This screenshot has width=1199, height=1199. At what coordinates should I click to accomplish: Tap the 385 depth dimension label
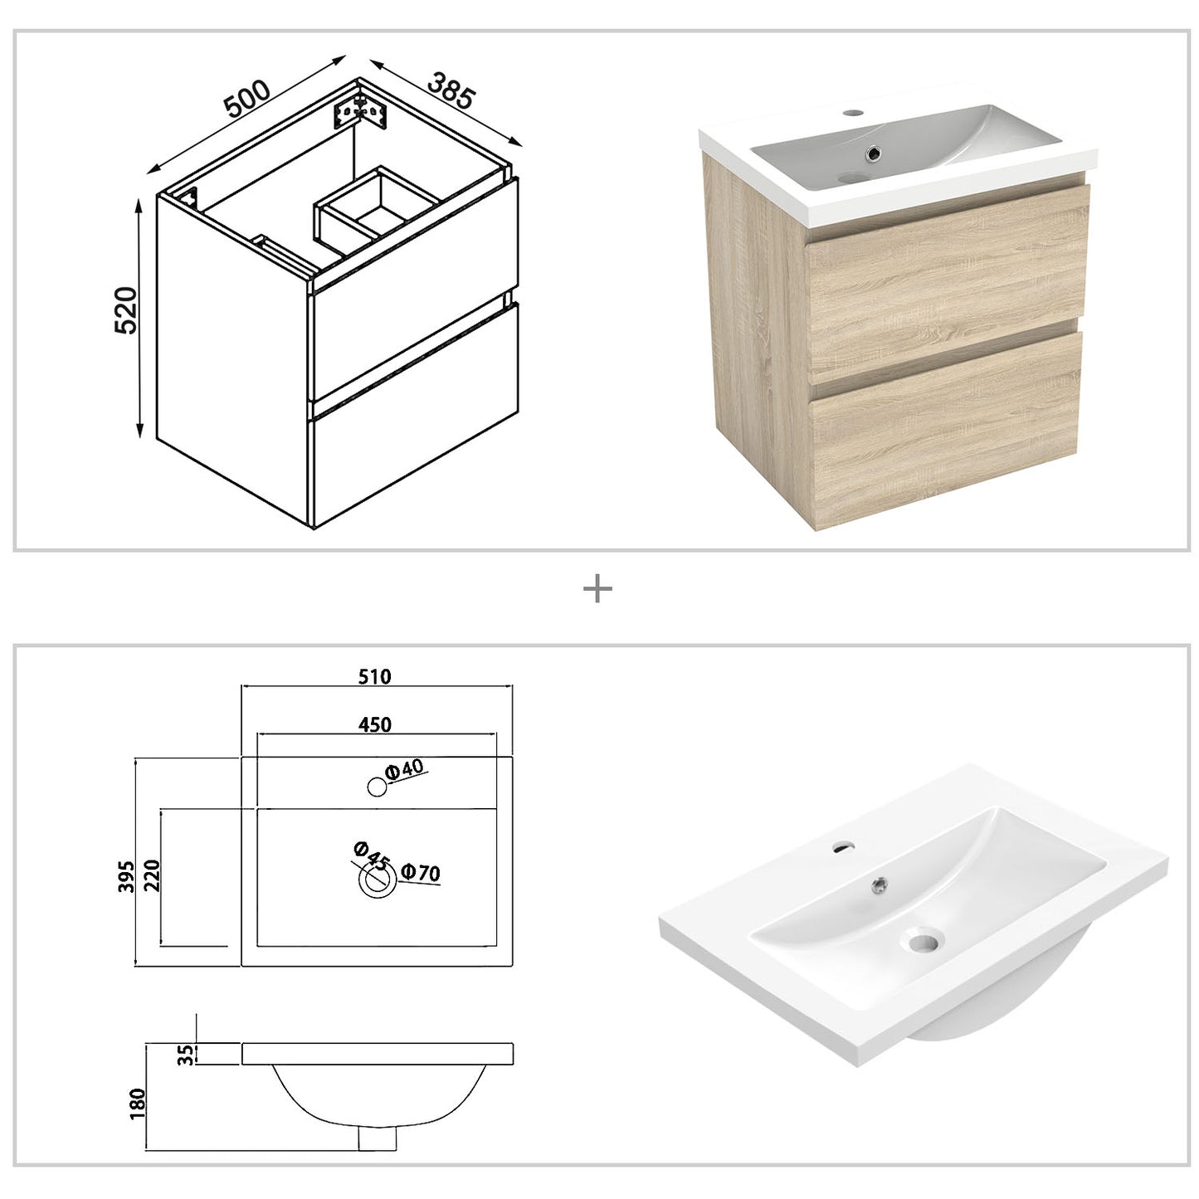coord(451,90)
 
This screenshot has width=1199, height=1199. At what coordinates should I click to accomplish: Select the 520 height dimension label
coord(124,310)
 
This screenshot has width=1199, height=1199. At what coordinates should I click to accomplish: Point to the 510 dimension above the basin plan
coord(375,676)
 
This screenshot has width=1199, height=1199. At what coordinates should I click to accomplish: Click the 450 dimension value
coord(375,724)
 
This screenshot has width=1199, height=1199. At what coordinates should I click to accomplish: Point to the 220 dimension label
coord(150,876)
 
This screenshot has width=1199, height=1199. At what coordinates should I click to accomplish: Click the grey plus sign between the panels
coord(597,590)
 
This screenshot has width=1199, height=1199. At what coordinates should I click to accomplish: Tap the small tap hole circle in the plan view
coord(377,787)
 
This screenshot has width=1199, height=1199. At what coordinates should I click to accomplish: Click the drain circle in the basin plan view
coord(377,882)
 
